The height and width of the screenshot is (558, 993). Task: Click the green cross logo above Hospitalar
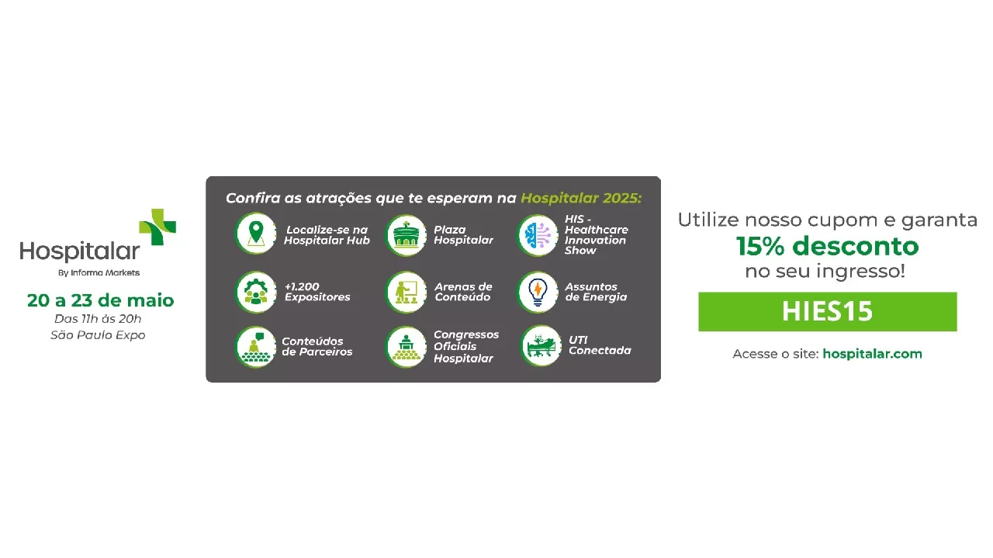tap(157, 227)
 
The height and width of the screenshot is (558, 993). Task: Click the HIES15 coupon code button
tap(827, 311)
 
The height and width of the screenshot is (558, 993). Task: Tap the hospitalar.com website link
tap(872, 354)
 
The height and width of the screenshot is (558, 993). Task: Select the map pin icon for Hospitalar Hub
tap(256, 234)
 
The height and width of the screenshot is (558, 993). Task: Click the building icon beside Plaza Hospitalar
tap(406, 235)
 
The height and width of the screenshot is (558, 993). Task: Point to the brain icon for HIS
tap(538, 235)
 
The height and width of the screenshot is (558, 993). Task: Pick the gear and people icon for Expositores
tap(256, 292)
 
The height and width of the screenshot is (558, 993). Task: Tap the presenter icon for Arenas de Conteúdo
tap(406, 292)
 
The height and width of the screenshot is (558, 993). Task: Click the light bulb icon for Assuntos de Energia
tap(538, 292)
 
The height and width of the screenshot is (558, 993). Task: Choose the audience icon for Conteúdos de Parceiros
tap(256, 347)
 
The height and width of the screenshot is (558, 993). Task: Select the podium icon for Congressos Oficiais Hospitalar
tap(406, 347)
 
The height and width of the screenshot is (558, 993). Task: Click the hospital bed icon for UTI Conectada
tap(541, 346)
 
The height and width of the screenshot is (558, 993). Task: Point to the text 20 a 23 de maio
tap(101, 300)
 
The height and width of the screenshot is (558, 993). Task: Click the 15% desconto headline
tap(827, 246)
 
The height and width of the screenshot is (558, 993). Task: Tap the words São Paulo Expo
tap(98, 335)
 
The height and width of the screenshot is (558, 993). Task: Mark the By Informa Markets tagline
tap(99, 272)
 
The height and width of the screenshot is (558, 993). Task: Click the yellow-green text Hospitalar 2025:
tap(581, 198)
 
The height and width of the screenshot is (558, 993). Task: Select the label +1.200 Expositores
tap(317, 292)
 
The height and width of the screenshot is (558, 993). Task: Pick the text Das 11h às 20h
tap(98, 318)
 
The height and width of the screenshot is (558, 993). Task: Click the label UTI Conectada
tap(600, 345)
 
